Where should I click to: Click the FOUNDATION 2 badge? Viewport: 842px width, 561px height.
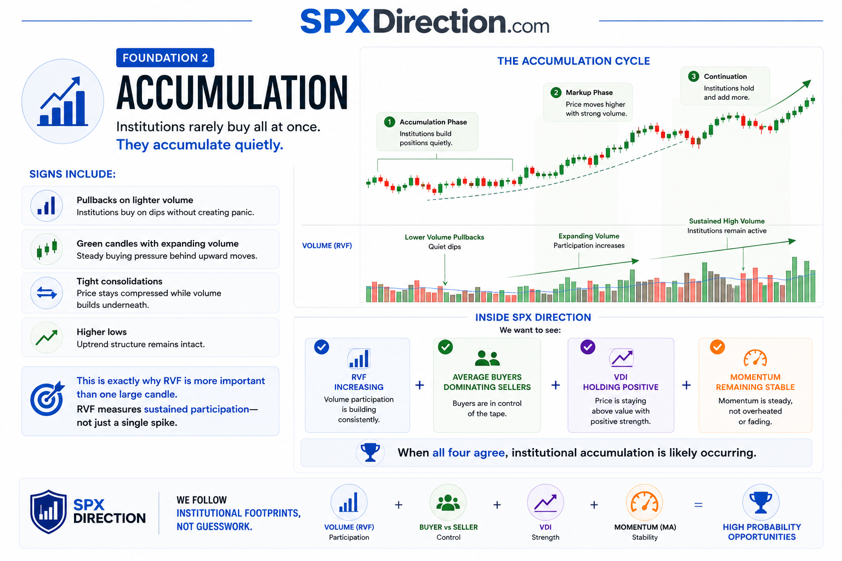click(x=165, y=58)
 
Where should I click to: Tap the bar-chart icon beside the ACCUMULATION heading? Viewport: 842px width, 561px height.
click(x=62, y=101)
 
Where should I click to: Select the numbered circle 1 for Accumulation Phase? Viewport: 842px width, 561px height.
click(x=389, y=122)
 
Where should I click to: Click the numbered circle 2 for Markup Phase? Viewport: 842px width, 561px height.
click(x=555, y=93)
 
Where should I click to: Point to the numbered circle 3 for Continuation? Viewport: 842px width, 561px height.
click(x=693, y=76)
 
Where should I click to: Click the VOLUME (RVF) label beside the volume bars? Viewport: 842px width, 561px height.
click(x=327, y=245)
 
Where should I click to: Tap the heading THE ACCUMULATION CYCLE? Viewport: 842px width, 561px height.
click(x=573, y=61)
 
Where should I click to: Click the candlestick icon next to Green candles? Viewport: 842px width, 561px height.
click(x=47, y=249)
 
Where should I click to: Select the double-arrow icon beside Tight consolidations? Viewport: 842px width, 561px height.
click(x=47, y=293)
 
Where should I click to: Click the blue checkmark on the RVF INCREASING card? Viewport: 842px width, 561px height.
click(x=321, y=347)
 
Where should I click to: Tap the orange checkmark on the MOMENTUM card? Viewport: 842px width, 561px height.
click(x=717, y=347)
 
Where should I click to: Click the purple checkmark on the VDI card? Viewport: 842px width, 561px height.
click(x=588, y=347)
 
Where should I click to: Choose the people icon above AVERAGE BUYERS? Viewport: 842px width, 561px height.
click(x=487, y=358)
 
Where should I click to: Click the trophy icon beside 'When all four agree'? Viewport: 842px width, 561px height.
click(x=370, y=453)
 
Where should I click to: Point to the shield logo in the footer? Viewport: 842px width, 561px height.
click(x=48, y=511)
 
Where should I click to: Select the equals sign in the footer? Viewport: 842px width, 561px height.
click(x=698, y=505)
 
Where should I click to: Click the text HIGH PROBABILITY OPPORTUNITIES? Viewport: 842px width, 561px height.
click(x=761, y=532)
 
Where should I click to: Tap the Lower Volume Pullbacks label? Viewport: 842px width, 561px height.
click(x=445, y=237)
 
